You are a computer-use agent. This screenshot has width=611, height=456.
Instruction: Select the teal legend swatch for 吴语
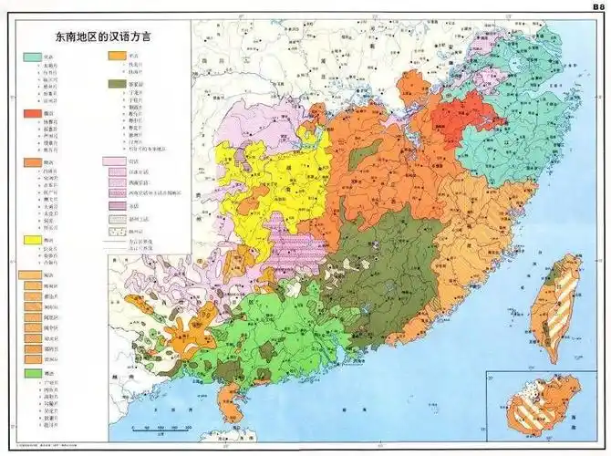coord(31,57)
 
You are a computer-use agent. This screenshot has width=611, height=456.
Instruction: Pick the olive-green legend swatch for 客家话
coord(115,84)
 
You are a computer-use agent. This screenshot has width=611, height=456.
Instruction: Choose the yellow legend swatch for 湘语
coord(31,240)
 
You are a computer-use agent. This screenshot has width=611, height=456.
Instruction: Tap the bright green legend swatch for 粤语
coord(31,374)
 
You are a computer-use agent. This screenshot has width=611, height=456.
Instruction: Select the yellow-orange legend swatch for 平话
coord(115,57)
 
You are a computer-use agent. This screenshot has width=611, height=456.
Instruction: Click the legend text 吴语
coord(48,57)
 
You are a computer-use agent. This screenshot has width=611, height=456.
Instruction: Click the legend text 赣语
coord(48,162)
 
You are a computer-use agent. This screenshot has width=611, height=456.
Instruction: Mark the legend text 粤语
coord(48,374)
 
